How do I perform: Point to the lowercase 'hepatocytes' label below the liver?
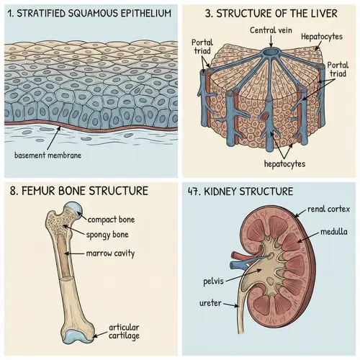click(x=285, y=164)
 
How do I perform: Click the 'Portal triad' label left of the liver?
click(x=202, y=48)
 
